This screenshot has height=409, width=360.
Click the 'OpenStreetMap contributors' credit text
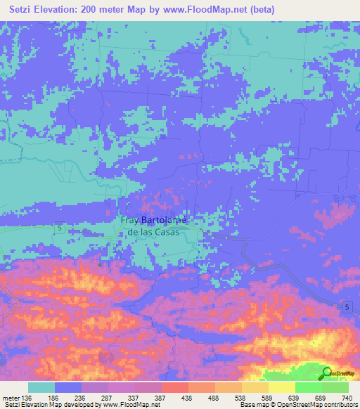coord(320,404)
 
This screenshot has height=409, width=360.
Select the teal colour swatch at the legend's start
coord(41,387)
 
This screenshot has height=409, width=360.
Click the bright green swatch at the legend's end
coord(335,387)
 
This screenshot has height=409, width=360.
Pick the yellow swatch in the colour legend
coord(281,387)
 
